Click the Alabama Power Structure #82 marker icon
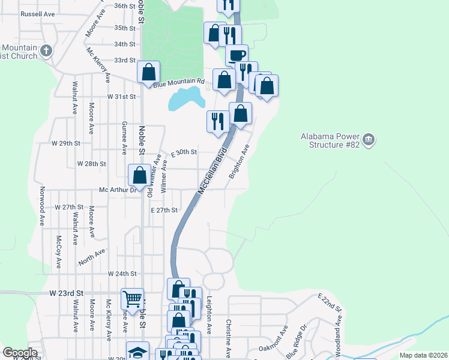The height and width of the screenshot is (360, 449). coord(369,140)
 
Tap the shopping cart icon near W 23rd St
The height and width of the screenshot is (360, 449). coord(132,298)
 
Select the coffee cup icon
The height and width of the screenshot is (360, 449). coord(237,55)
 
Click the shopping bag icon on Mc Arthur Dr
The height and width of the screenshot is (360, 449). coord(140,175)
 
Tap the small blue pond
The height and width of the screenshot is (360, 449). coord(183,98)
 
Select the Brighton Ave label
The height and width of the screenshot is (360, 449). coord(238,161)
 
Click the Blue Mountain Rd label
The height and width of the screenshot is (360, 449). coord(179,83)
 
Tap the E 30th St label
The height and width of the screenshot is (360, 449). coord(184,152)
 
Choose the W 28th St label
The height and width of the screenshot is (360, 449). coord(91,163)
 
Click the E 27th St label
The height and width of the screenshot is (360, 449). coord(164,210)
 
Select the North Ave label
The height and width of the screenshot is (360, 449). coord(91,258)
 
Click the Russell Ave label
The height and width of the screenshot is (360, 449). coord(37,13)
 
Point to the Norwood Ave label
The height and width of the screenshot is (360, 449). coord(42,213)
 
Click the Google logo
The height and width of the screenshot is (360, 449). coord(20,353)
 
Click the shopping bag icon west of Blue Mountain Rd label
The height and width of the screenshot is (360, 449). coord(148,73)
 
